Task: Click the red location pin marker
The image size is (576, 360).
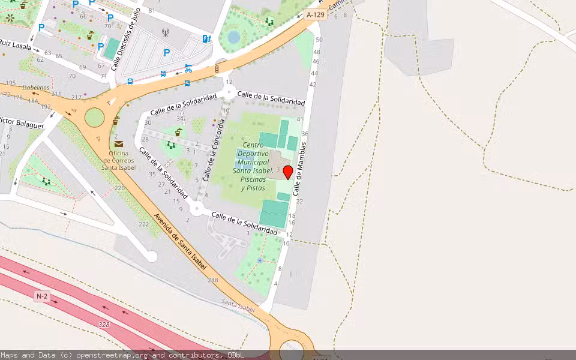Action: tap(288, 172)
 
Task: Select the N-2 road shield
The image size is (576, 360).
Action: tap(41, 296)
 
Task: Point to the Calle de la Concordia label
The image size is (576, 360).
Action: tap(214, 150)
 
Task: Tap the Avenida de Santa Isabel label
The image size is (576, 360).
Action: tap(179, 241)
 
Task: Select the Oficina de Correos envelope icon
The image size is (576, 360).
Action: tap(119, 144)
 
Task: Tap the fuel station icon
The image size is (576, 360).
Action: tap(206, 39)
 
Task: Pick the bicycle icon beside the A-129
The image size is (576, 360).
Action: tap(188, 68)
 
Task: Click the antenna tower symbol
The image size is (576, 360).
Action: tap(166, 32)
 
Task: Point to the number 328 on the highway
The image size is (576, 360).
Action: tap(105, 324)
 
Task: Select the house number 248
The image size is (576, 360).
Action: tap(213, 280)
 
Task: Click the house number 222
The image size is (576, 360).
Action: tap(143, 224)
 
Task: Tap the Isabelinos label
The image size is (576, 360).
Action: tap(35, 88)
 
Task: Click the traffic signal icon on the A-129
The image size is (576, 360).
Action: tap(217, 70)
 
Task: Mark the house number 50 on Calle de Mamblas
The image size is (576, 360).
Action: tap(319, 40)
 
